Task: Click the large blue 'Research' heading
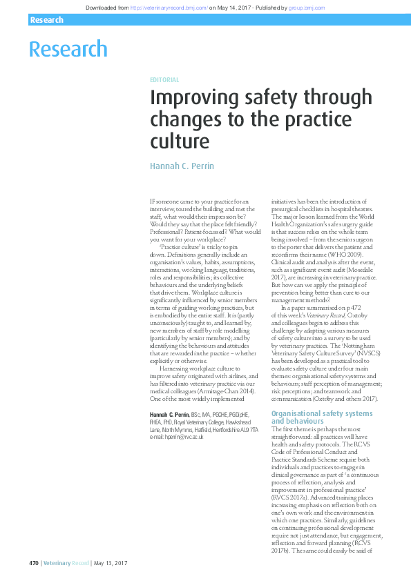(x=68, y=49)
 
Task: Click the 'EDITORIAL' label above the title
(x=164, y=80)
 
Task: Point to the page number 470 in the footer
(x=33, y=564)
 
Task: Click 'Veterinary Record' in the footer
(x=66, y=564)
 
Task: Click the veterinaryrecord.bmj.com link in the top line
(x=169, y=8)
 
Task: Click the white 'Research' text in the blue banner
(x=47, y=21)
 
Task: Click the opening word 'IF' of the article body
(x=153, y=201)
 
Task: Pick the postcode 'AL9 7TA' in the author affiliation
(x=249, y=429)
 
